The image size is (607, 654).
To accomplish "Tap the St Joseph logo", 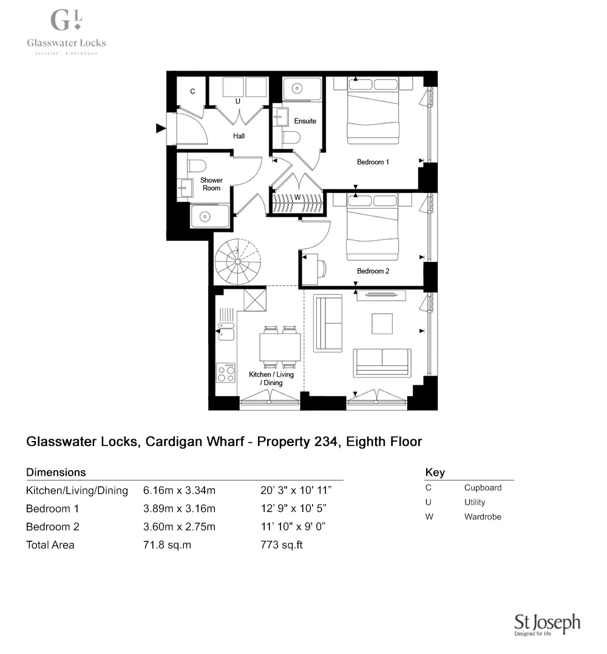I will (x=547, y=624).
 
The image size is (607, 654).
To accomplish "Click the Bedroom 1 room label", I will (x=373, y=162).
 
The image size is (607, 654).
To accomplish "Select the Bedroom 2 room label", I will (x=373, y=271).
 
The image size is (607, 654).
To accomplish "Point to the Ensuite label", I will (x=305, y=121).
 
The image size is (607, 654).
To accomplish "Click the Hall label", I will (x=239, y=136).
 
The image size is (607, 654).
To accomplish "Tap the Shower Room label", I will (x=211, y=184).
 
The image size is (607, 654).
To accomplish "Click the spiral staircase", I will (x=237, y=260).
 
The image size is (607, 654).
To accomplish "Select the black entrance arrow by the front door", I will (x=160, y=128).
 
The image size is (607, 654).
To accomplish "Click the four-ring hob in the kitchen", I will (x=226, y=373).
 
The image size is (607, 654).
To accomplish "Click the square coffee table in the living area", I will (x=383, y=323).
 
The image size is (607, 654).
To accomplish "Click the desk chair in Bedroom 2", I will (x=322, y=268).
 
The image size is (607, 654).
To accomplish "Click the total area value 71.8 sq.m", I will (x=167, y=545).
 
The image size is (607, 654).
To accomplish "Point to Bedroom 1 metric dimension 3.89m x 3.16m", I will (x=179, y=508).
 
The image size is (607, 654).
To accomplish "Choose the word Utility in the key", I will (x=475, y=502).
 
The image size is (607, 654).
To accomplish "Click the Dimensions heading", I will (x=56, y=472).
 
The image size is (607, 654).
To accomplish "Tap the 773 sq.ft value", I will (x=281, y=545).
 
